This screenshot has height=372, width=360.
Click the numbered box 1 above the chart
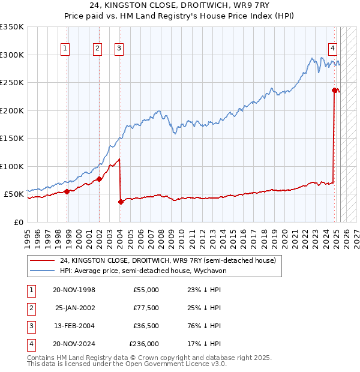(65, 49)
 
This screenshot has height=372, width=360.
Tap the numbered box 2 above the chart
(97, 49)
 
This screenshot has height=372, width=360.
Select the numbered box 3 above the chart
(119, 49)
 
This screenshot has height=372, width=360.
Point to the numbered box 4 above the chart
(332, 49)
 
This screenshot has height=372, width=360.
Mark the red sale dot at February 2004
(121, 202)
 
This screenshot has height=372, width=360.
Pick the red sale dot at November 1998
(67, 191)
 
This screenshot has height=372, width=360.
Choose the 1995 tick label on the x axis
(28, 235)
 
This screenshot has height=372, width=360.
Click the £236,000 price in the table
(144, 344)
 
